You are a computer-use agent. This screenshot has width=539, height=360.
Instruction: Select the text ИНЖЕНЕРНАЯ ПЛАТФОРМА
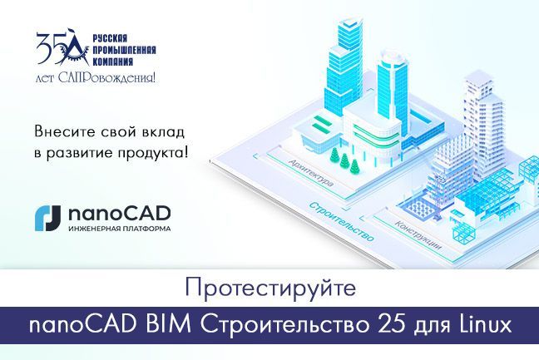pyautogui.click(x=109, y=229)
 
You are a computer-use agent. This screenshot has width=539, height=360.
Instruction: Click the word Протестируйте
pyautogui.click(x=269, y=289)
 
